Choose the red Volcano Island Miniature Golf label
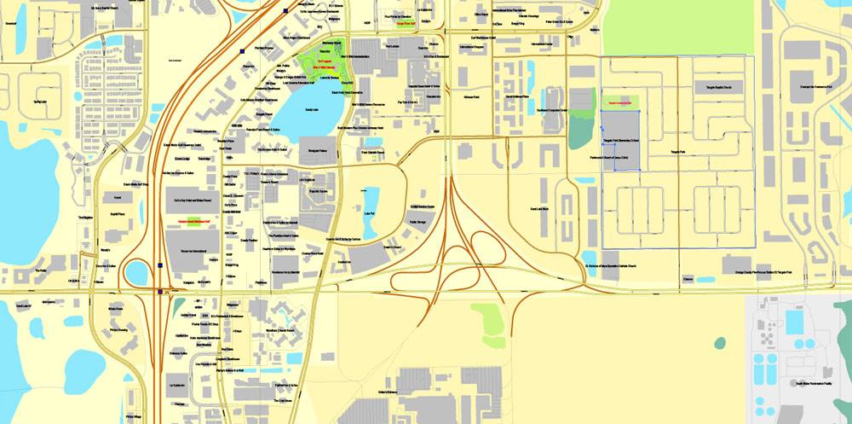tap(194, 222)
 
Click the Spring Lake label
tap(40, 102)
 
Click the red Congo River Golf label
tap(406, 24)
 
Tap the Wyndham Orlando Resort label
tap(280, 329)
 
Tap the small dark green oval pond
tap(720, 342)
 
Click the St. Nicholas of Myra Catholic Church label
tap(635, 273)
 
